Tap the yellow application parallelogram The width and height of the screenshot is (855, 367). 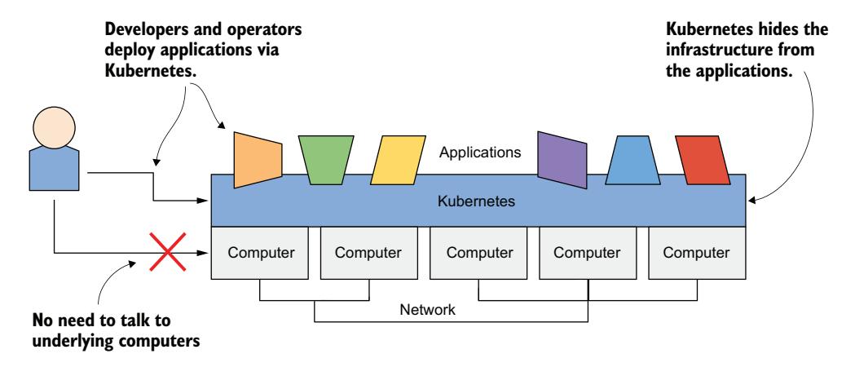tap(394, 160)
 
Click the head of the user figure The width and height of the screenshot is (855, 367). tap(52, 131)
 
